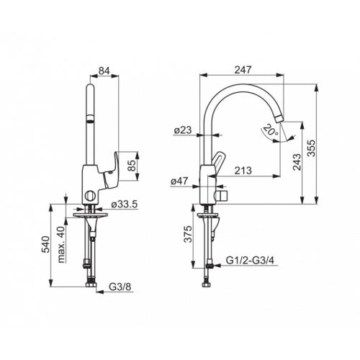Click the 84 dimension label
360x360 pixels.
(104, 71)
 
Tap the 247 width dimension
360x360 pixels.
(243, 70)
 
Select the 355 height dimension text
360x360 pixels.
(312, 148)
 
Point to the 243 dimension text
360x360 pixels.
(297, 162)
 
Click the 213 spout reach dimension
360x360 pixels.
(243, 171)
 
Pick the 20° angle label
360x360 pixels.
(271, 132)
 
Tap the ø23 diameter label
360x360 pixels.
(183, 130)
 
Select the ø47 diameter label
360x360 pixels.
(179, 181)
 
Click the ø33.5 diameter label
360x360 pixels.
(125, 204)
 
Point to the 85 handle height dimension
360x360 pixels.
(132, 166)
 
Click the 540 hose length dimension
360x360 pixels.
(45, 244)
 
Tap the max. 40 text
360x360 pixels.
(61, 244)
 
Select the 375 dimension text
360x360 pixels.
(189, 234)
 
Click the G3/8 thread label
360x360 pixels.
(120, 287)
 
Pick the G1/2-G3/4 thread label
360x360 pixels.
(250, 261)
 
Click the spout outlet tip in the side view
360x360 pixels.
(279, 119)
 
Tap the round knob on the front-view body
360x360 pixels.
(90, 196)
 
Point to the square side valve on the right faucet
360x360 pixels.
(222, 196)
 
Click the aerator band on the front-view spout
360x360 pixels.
(90, 119)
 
